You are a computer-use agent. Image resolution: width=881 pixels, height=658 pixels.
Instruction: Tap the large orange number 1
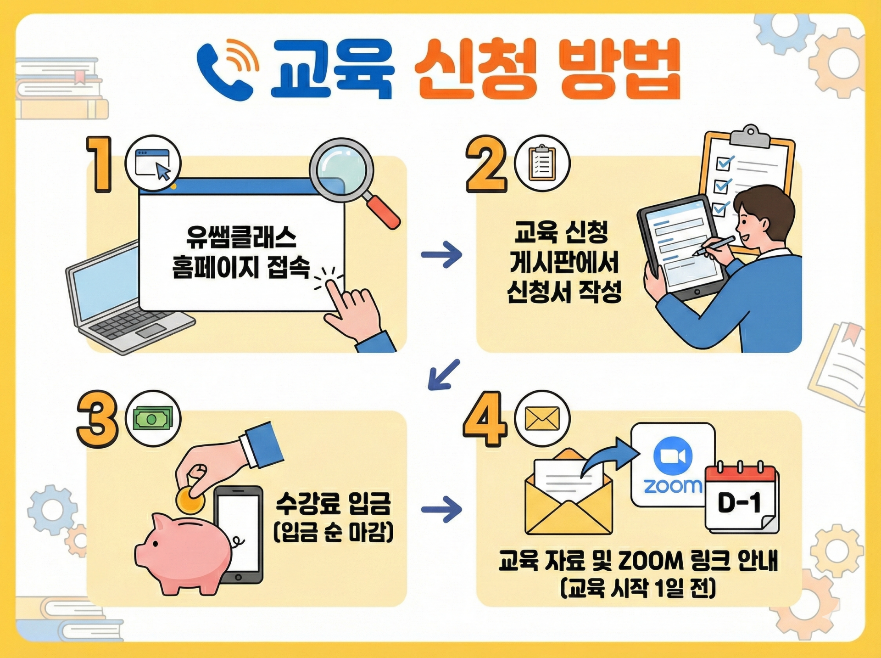100,164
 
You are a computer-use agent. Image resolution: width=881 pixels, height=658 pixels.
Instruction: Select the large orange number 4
485,419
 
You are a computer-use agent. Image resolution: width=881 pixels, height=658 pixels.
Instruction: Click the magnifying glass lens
341,170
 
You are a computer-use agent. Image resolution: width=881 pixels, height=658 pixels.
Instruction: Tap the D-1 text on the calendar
739,502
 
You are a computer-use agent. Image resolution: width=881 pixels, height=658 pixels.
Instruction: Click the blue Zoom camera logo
673,456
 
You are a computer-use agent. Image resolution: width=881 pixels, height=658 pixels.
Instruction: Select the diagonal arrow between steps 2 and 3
443,375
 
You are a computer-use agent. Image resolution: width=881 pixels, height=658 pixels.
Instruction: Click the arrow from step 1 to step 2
441,254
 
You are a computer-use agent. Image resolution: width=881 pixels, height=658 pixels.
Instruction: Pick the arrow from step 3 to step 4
441,509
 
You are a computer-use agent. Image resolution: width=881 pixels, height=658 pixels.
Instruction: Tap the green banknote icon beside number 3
153,419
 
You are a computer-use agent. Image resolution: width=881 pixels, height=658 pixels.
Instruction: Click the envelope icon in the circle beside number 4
542,419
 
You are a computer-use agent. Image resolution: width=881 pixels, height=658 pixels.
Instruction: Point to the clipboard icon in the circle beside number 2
542,163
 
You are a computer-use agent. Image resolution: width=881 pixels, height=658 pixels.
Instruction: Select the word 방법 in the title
619,69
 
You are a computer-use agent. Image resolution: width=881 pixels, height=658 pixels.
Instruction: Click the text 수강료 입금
333,503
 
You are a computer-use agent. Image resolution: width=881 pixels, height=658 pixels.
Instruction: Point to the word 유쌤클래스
241,237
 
